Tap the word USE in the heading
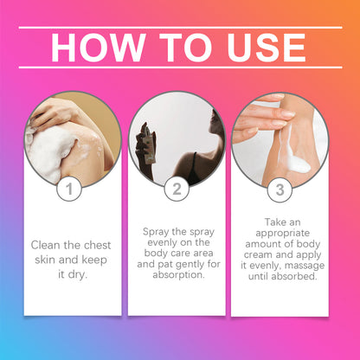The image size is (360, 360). tap(267, 48)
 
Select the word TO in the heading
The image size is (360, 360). tap(186, 48)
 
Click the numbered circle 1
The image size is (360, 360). tap(69, 189)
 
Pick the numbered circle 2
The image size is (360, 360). tap(177, 189)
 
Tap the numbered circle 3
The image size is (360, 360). tap(280, 190)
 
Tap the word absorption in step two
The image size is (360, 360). tap(178, 275)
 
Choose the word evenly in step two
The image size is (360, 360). tap(162, 242)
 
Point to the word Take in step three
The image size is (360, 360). tap(273, 222)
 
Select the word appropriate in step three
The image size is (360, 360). tap(283, 234)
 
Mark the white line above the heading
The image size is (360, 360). tap(181, 28)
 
